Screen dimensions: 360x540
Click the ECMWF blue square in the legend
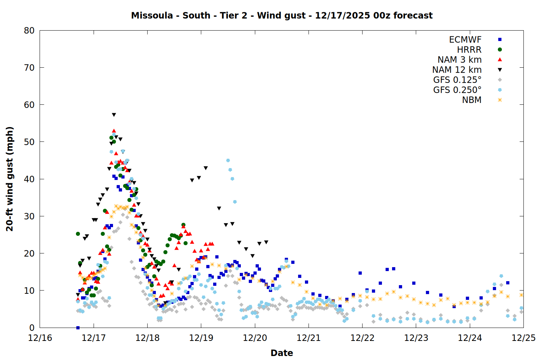tap(500, 40)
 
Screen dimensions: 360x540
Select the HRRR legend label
tap(469, 50)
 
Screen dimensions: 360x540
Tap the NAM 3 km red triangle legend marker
tap(500, 59)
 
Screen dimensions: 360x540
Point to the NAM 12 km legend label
tap(457, 70)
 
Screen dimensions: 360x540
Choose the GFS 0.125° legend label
tap(457, 80)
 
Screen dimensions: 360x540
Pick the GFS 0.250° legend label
tap(457, 90)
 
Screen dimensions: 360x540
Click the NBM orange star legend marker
tap(500, 100)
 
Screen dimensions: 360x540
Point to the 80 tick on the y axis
tap(29, 31)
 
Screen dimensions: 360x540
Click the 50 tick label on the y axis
tap(29, 142)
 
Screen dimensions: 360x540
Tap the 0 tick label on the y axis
tap(32, 328)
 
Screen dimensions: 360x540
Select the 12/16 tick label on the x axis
tap(40, 338)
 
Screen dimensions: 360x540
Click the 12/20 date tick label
tap(255, 338)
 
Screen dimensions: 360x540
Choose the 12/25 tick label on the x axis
tap(523, 338)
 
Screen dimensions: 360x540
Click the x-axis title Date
tap(282, 353)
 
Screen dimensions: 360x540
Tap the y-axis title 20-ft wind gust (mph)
tap(10, 179)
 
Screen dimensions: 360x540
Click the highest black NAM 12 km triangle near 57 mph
tap(114, 115)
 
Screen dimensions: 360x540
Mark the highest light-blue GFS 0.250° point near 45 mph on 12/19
tap(228, 161)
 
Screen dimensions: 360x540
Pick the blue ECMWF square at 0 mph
tap(78, 328)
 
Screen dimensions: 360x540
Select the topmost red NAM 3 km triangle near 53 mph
tap(114, 131)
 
